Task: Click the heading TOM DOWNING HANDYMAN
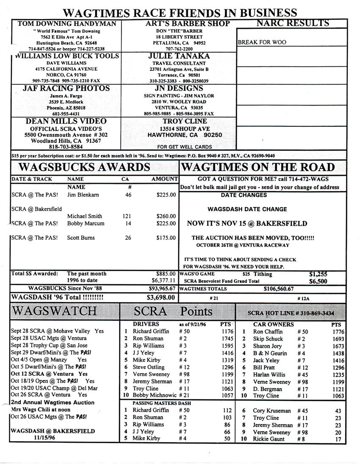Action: tap(66, 24)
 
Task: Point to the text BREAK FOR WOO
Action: tap(262, 42)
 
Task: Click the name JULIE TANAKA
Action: tap(179, 56)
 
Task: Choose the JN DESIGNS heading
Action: tap(179, 89)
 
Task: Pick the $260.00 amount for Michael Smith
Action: tap(166, 216)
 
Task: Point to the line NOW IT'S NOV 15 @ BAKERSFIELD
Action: tap(247, 223)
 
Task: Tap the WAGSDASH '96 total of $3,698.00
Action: tap(161, 297)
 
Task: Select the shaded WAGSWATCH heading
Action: tap(55, 311)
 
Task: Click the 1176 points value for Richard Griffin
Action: tap(227, 331)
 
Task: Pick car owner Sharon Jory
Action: tap(267, 346)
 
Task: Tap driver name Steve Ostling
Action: tap(149, 367)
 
